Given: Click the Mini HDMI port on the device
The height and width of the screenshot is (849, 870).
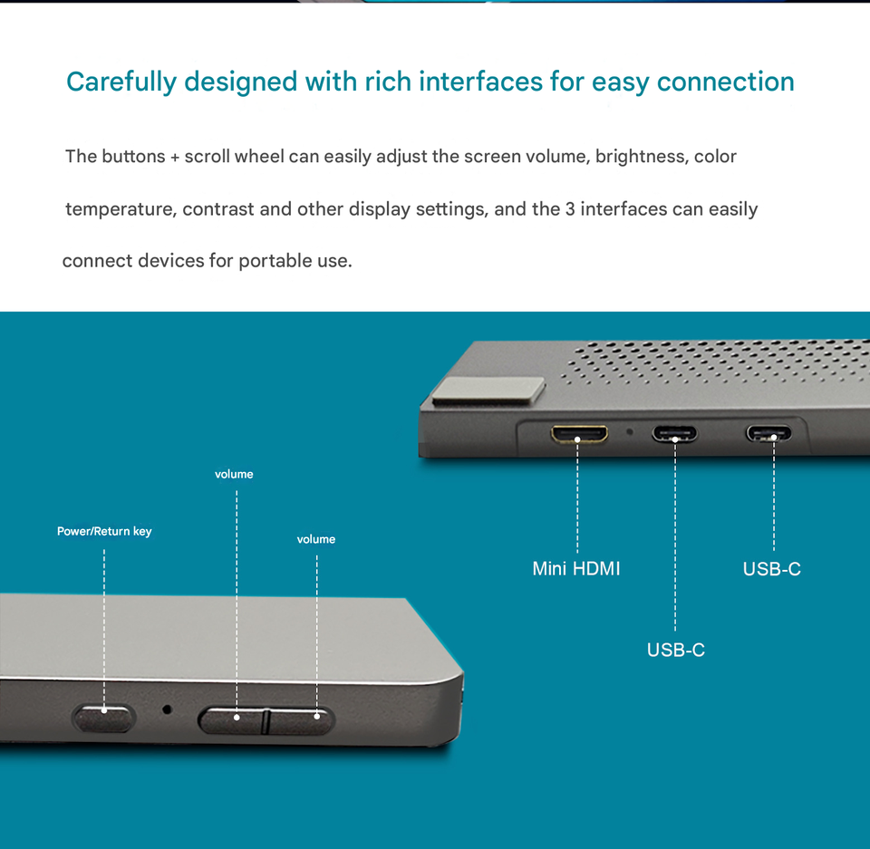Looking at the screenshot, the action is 579,435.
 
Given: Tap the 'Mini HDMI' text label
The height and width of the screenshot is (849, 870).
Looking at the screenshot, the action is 576,569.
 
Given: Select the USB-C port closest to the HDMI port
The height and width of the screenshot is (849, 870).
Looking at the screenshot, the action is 675,433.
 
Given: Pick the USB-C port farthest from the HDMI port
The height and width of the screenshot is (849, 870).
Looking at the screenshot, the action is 768,433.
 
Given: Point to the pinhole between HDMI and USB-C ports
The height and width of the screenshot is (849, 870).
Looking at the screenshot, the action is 630,430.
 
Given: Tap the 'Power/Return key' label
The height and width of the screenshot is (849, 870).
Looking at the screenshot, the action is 104,531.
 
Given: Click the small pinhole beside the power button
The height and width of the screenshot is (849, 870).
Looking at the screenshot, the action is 167,709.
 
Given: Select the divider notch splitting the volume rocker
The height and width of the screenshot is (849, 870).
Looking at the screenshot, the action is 266,721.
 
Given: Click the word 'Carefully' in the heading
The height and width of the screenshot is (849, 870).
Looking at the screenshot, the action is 121,82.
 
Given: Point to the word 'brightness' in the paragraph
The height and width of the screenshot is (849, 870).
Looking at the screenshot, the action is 640,157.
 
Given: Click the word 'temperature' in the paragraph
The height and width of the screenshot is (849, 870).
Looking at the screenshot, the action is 119,209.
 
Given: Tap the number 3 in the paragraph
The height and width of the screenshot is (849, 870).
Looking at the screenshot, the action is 570,209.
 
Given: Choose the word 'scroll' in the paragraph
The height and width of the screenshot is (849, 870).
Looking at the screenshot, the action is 207,157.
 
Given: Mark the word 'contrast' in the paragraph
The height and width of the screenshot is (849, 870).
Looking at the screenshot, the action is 218,209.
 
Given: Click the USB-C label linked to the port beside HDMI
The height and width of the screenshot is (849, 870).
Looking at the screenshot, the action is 675,650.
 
